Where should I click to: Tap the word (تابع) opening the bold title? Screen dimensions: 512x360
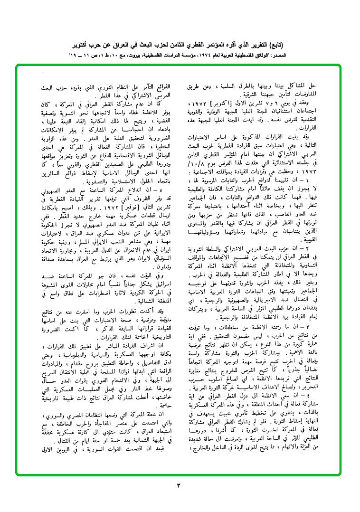point(309,46)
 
